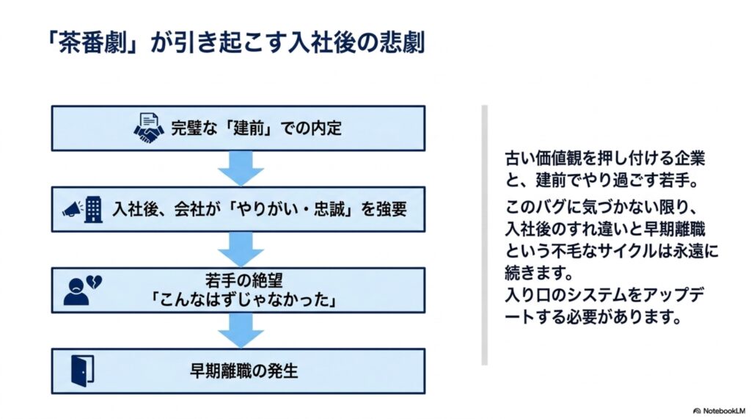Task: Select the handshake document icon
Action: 148,128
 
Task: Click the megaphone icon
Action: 73,209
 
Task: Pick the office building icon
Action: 93,210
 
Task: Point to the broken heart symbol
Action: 94,282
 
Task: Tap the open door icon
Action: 82,371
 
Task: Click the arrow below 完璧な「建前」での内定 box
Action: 241,168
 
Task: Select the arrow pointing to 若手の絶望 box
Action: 241,249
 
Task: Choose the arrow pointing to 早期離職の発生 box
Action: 241,330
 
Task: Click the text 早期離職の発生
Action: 243,371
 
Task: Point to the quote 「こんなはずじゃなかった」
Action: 243,299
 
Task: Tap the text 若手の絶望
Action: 243,280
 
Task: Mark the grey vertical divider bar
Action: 485,236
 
